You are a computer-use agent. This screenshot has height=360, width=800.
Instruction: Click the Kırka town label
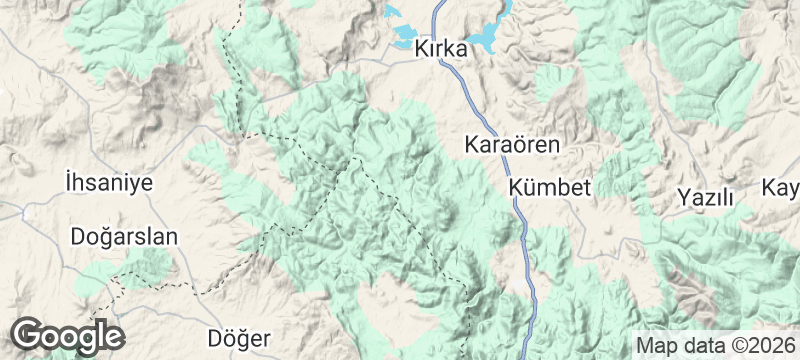pyautogui.click(x=441, y=48)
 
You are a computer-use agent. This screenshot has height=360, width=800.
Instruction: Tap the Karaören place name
pyautogui.click(x=513, y=145)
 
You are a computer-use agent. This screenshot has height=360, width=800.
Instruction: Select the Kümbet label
pyautogui.click(x=551, y=188)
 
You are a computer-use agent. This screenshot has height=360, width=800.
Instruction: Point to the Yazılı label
pyautogui.click(x=705, y=197)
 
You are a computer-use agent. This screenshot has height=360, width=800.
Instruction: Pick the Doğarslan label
pyautogui.click(x=124, y=237)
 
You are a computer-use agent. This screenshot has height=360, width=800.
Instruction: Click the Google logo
pyautogui.click(x=68, y=334)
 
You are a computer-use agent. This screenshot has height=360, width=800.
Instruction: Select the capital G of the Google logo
pyautogui.click(x=28, y=334)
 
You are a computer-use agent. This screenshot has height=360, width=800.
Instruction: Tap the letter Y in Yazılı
pyautogui.click(x=684, y=197)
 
